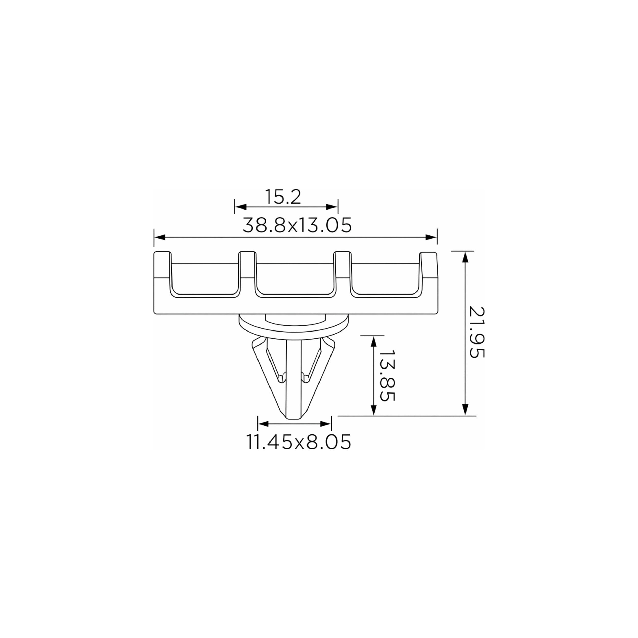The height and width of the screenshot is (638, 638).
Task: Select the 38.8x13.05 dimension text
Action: click(x=297, y=226)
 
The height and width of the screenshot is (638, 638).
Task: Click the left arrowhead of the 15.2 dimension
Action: click(x=240, y=207)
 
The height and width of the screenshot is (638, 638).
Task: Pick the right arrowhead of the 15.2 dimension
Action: click(x=332, y=207)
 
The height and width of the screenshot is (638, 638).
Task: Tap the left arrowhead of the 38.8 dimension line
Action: click(x=160, y=237)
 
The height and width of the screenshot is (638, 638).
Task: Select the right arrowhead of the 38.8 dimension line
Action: click(x=431, y=237)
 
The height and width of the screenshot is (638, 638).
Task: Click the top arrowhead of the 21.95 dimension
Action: click(x=465, y=257)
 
